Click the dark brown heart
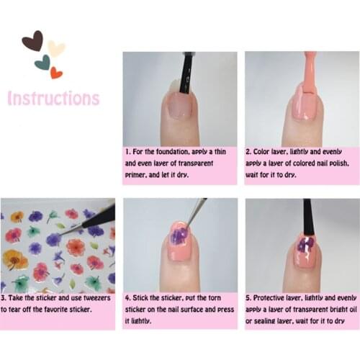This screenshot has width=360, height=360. (33, 41)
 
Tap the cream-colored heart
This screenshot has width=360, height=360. (56, 48)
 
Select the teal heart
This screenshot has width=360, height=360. (43, 62)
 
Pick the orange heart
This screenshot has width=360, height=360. (56, 73)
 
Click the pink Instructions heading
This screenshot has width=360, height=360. (53, 98)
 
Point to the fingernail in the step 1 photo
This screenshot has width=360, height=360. (180, 105)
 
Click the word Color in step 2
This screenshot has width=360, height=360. (261, 152)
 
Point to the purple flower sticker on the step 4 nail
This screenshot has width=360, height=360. (179, 235)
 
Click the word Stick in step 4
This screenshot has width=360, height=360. (140, 298)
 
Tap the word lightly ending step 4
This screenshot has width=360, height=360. (138, 321)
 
